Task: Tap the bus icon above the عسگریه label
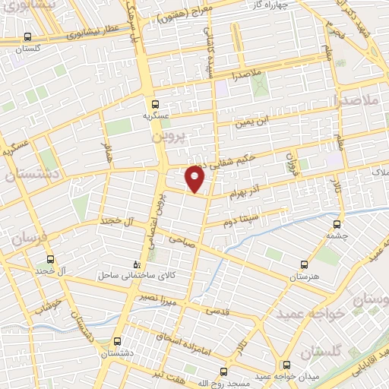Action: (x=155, y=103)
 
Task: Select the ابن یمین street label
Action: (x=252, y=122)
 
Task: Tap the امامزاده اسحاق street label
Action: (x=180, y=332)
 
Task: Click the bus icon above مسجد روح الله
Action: (x=223, y=372)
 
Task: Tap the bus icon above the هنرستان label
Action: (x=304, y=264)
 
